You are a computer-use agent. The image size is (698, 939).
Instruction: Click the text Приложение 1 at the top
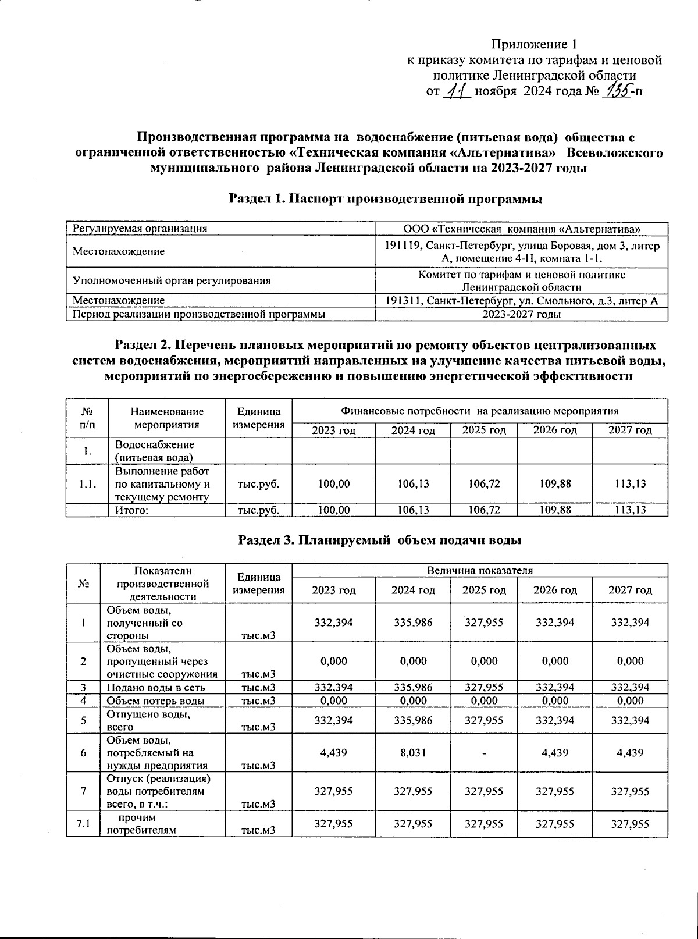point(534,44)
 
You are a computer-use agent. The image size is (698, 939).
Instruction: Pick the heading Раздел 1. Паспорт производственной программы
point(386,199)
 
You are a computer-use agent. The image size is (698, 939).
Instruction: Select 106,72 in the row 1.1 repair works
point(484,483)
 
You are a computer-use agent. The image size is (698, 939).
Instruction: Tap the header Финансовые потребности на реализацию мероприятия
point(479,410)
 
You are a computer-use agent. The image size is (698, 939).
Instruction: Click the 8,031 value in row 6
point(412,752)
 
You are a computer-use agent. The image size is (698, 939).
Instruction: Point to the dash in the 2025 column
point(484,753)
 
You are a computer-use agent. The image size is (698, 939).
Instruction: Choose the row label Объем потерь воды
point(155,700)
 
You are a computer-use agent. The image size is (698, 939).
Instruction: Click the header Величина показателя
point(479,570)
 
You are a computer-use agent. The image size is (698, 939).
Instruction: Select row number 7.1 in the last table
point(84,824)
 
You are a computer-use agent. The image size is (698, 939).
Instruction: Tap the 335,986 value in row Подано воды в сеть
point(412,687)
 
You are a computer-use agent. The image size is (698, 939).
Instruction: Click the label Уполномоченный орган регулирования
point(172,280)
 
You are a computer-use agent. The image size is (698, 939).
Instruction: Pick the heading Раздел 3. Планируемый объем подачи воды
point(380,540)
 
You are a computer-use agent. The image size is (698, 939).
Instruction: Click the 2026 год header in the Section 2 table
point(555,431)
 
